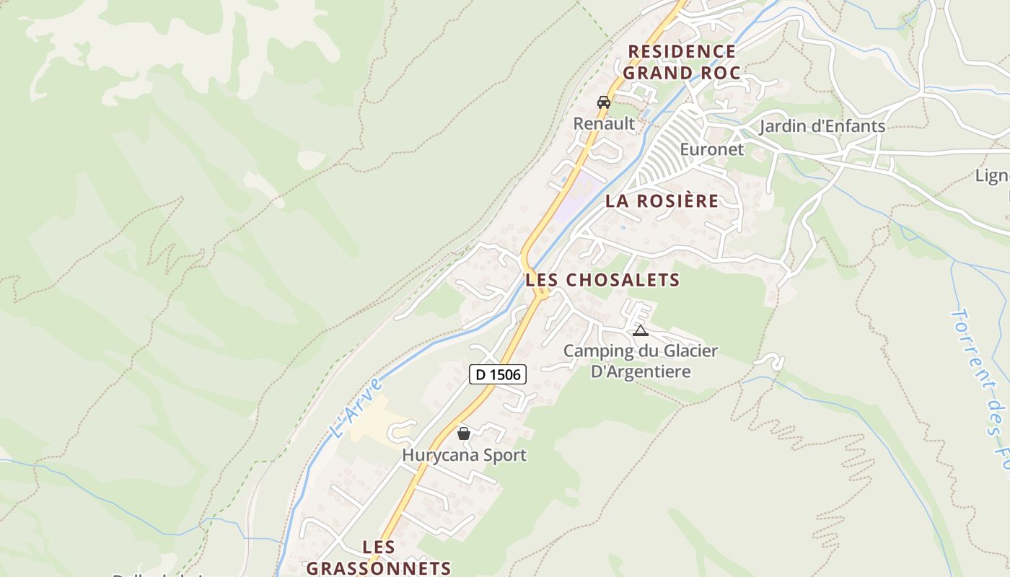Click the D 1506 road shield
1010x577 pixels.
[x=498, y=374]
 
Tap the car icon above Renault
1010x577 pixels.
[x=604, y=102]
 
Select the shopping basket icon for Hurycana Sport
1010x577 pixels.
[x=464, y=433]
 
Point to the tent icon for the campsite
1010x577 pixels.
[x=640, y=331]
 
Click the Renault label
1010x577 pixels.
[x=604, y=123]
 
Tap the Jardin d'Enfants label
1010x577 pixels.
[x=822, y=126]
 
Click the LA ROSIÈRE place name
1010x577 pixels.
[x=662, y=201]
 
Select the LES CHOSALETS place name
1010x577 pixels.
[x=602, y=280]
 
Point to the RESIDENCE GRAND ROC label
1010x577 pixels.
[x=682, y=62]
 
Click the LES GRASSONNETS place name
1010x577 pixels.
[x=379, y=558]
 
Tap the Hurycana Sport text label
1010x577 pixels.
[x=464, y=455]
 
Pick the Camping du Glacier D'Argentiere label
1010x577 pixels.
[x=640, y=361]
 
